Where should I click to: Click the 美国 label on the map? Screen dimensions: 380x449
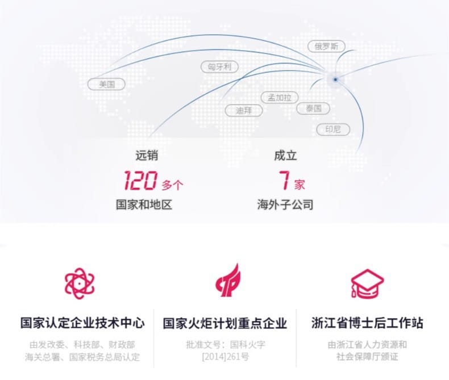[107, 84]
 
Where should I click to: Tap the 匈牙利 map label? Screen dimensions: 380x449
[219, 67]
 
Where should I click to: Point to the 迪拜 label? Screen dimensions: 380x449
[244, 110]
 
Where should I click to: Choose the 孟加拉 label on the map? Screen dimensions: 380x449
[279, 97]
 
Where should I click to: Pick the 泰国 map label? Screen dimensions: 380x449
[313, 108]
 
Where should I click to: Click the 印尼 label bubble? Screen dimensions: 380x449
[333, 130]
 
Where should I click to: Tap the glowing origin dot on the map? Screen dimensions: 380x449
[336, 80]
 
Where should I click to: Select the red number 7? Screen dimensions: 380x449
[284, 181]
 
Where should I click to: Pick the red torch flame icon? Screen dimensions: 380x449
[227, 282]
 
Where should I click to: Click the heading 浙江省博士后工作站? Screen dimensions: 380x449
[367, 324]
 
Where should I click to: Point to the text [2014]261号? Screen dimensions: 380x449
[225, 357]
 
